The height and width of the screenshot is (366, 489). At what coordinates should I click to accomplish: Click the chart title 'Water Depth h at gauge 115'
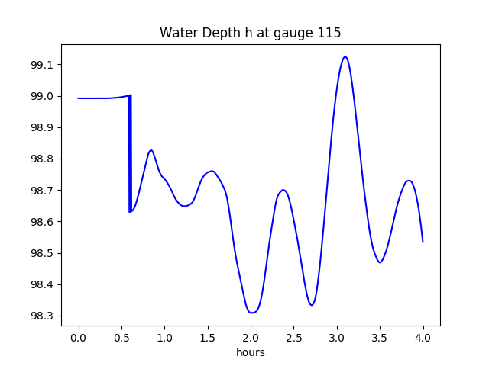pos(250,34)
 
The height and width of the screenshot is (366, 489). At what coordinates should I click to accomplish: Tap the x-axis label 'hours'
pos(250,352)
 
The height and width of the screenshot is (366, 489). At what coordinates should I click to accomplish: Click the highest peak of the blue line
pos(345,56)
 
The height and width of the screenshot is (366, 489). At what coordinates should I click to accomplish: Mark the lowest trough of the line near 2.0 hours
pos(251,313)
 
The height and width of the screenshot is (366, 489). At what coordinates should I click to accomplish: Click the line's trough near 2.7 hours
pos(311,305)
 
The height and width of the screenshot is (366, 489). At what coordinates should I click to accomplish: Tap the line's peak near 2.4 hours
pos(283,190)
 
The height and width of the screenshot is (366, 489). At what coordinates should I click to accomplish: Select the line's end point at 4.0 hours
pos(423,242)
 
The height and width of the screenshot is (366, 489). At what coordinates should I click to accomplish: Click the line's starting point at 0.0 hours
pos(79,98)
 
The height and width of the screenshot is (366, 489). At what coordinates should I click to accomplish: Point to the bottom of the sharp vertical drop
pos(130,212)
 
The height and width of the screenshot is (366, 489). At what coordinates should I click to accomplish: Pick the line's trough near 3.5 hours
pos(380,262)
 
